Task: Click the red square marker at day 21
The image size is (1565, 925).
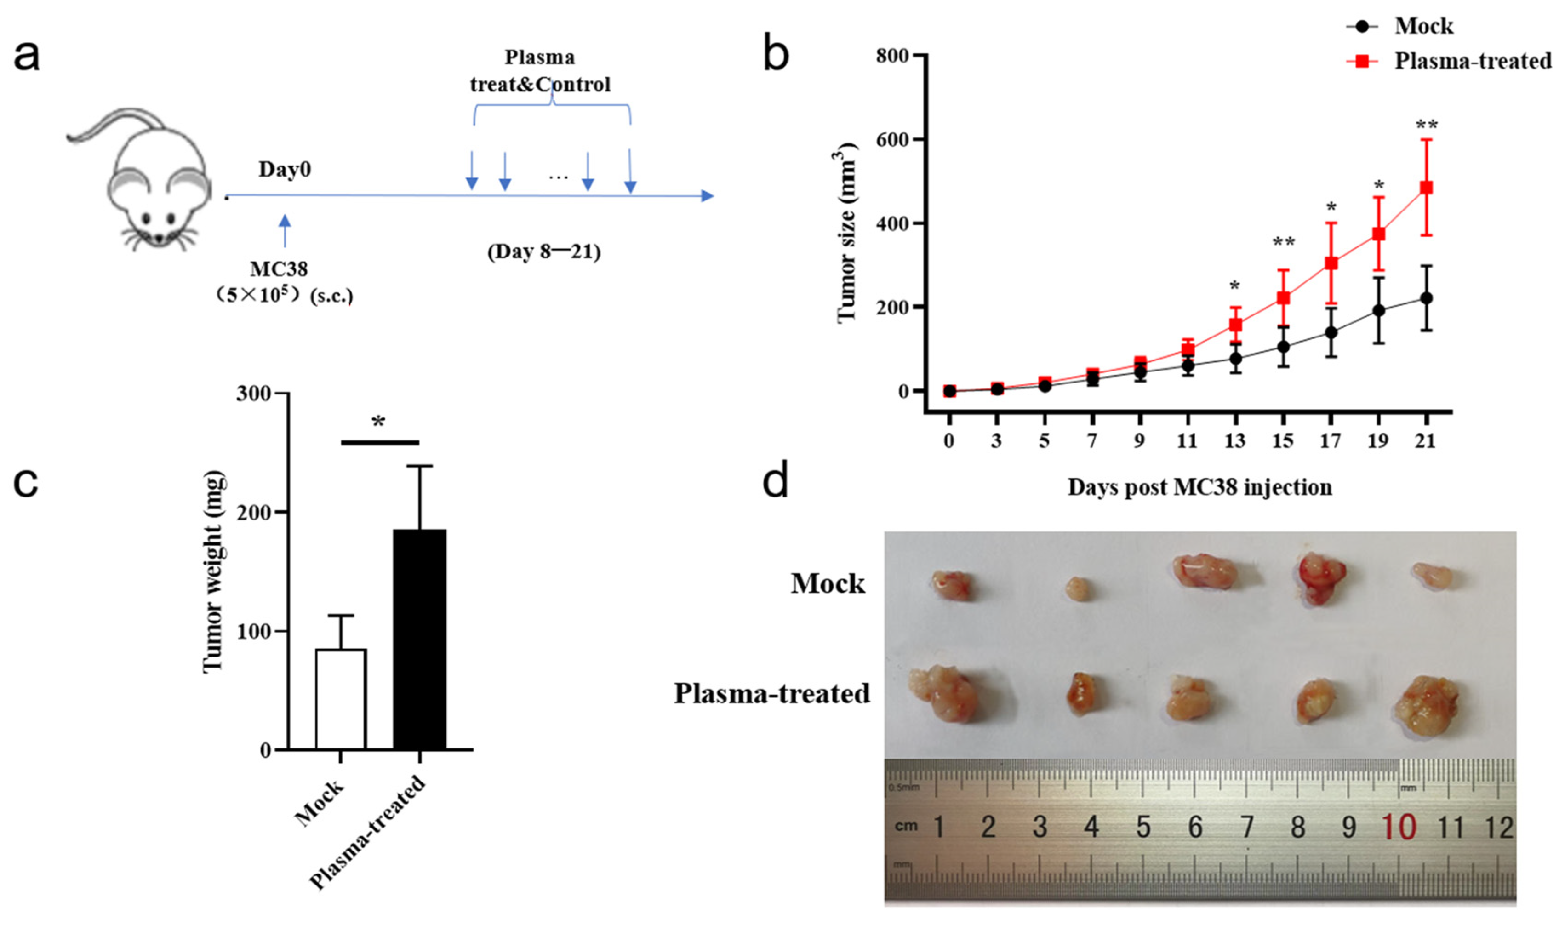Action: point(1425,188)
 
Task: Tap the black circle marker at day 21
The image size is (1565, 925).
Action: point(1425,298)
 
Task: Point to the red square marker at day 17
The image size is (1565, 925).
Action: point(1331,263)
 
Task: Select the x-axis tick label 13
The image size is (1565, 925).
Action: point(1234,441)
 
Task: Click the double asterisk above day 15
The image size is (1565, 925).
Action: point(1283,242)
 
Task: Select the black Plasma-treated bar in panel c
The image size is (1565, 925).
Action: point(419,639)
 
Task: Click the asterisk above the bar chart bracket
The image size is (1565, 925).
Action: point(378,422)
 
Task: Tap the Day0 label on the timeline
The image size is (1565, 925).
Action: point(285,169)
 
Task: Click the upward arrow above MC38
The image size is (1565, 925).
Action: point(285,231)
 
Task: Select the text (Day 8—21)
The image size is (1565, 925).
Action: point(543,252)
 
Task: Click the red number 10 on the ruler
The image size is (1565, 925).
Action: point(1399,827)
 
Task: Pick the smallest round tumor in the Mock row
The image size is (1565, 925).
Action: point(1078,588)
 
